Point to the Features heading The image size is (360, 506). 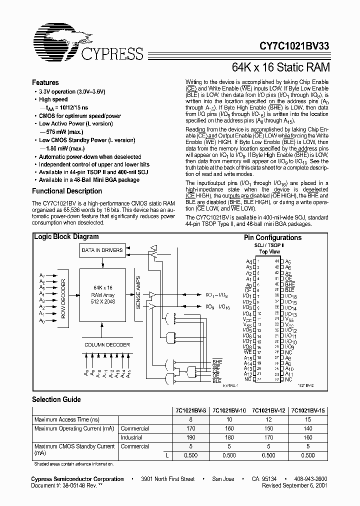[x=45, y=82]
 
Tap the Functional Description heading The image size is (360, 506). [x=67, y=191]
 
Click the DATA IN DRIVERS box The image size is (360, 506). [x=102, y=249]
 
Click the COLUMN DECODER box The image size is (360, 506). [x=107, y=345]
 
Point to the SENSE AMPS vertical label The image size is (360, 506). [x=138, y=295]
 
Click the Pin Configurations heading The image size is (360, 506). [x=272, y=237]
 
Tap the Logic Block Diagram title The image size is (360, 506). [x=66, y=237]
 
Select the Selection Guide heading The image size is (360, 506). [x=56, y=399]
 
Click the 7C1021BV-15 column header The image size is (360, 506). [x=308, y=410]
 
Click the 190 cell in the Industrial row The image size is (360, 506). [x=190, y=437]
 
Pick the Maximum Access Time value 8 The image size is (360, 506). [x=190, y=419]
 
